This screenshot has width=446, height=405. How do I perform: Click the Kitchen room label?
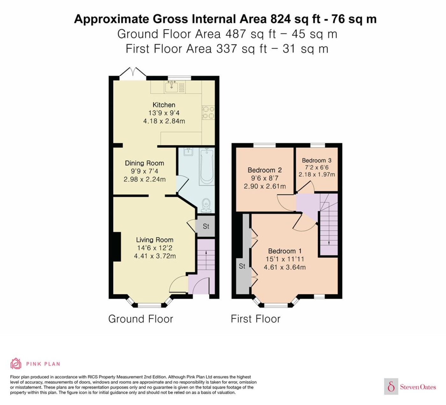(164, 105)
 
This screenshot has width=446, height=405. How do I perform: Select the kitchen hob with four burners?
(208, 113)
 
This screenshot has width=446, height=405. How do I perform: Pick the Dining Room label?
(145, 163)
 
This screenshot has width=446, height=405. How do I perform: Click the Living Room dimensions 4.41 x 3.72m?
(155, 256)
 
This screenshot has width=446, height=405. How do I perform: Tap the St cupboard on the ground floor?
(206, 226)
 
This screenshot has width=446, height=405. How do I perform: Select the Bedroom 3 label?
(317, 160)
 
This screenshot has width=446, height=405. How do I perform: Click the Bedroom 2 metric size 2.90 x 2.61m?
(265, 186)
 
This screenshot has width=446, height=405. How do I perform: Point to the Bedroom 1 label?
(284, 251)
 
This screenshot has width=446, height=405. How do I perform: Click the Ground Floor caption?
(140, 319)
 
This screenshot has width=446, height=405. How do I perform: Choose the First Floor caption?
(255, 319)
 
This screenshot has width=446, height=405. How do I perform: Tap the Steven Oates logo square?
(391, 387)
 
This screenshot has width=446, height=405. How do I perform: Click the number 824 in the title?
(280, 19)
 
